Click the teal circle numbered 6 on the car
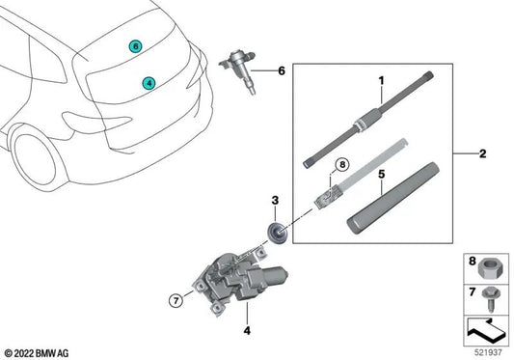pos(136,45)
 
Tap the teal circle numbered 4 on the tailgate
pos(148,84)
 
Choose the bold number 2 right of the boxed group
pos(483,152)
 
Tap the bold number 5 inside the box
pos(380,177)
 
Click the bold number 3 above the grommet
pos(275,201)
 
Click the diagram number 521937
pos(489,351)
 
